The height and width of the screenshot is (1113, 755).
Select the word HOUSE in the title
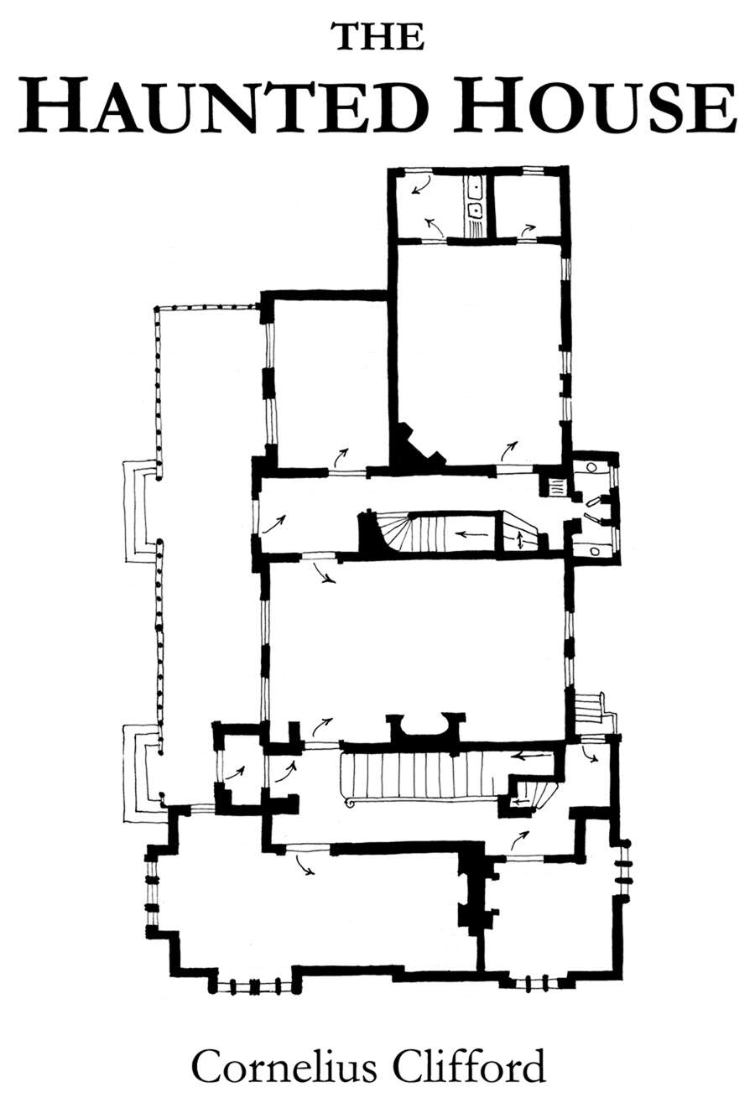(x=596, y=107)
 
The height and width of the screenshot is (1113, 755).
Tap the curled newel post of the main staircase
(x=350, y=804)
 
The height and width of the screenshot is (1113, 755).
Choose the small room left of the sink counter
(x=425, y=205)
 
